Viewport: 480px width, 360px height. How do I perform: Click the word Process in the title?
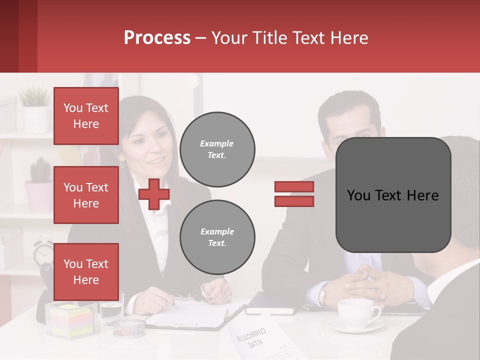(x=157, y=38)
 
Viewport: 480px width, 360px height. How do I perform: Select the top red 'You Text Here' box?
(x=86, y=116)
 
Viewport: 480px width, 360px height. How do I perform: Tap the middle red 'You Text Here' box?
(x=86, y=195)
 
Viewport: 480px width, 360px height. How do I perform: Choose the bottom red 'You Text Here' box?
(x=86, y=271)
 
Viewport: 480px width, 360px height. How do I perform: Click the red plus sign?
(x=154, y=194)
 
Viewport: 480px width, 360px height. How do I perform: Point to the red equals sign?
(x=294, y=194)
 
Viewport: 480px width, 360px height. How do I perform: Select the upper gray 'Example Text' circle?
(x=217, y=149)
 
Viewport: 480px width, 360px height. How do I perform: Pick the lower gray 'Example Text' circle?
(x=217, y=237)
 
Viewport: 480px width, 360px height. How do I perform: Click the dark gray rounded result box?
(x=393, y=195)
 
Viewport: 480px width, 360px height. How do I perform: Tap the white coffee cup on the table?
(x=357, y=313)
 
